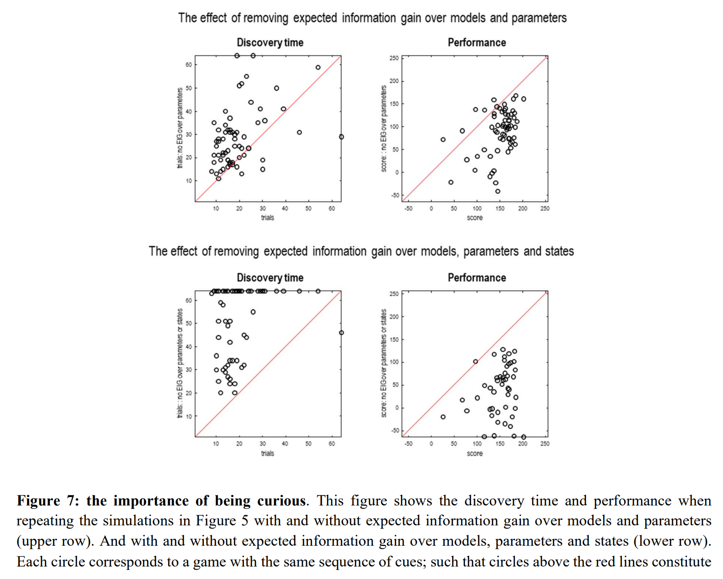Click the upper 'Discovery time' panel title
pyautogui.click(x=270, y=43)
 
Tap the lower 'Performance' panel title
pyautogui.click(x=477, y=277)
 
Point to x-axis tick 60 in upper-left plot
pyautogui.click(x=331, y=209)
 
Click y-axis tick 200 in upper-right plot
pyautogui.click(x=393, y=81)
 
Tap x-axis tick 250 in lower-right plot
pyautogui.click(x=545, y=443)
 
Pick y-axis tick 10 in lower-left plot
pyautogui.click(x=189, y=416)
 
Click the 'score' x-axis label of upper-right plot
pyautogui.click(x=474, y=218)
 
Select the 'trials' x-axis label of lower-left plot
pyautogui.click(x=267, y=453)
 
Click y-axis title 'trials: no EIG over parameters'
pyautogui.click(x=180, y=128)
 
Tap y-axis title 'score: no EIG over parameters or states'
pyautogui.click(x=383, y=363)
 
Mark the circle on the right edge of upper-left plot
pyautogui.click(x=341, y=137)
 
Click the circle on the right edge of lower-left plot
pyautogui.click(x=341, y=333)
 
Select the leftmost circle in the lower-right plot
pyautogui.click(x=443, y=417)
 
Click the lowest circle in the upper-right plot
pyautogui.click(x=497, y=191)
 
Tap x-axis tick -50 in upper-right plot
pyautogui.click(x=408, y=209)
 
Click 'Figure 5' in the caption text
pyautogui.click(x=222, y=521)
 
